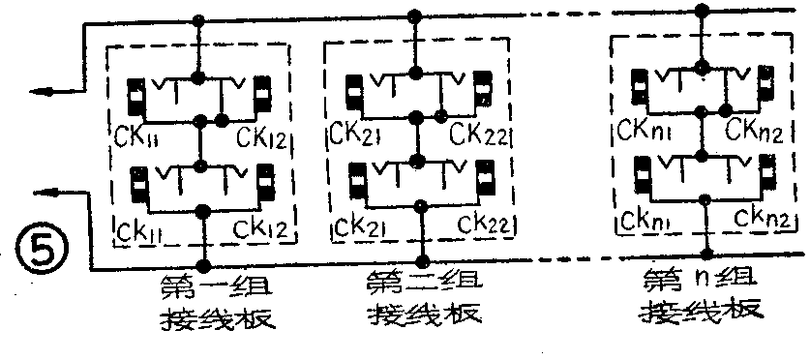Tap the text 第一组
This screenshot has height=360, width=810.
[x=204, y=287]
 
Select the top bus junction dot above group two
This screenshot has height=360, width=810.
[x=415, y=16]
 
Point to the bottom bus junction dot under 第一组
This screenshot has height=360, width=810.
[x=204, y=263]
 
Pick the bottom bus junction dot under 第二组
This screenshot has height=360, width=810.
[x=421, y=260]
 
